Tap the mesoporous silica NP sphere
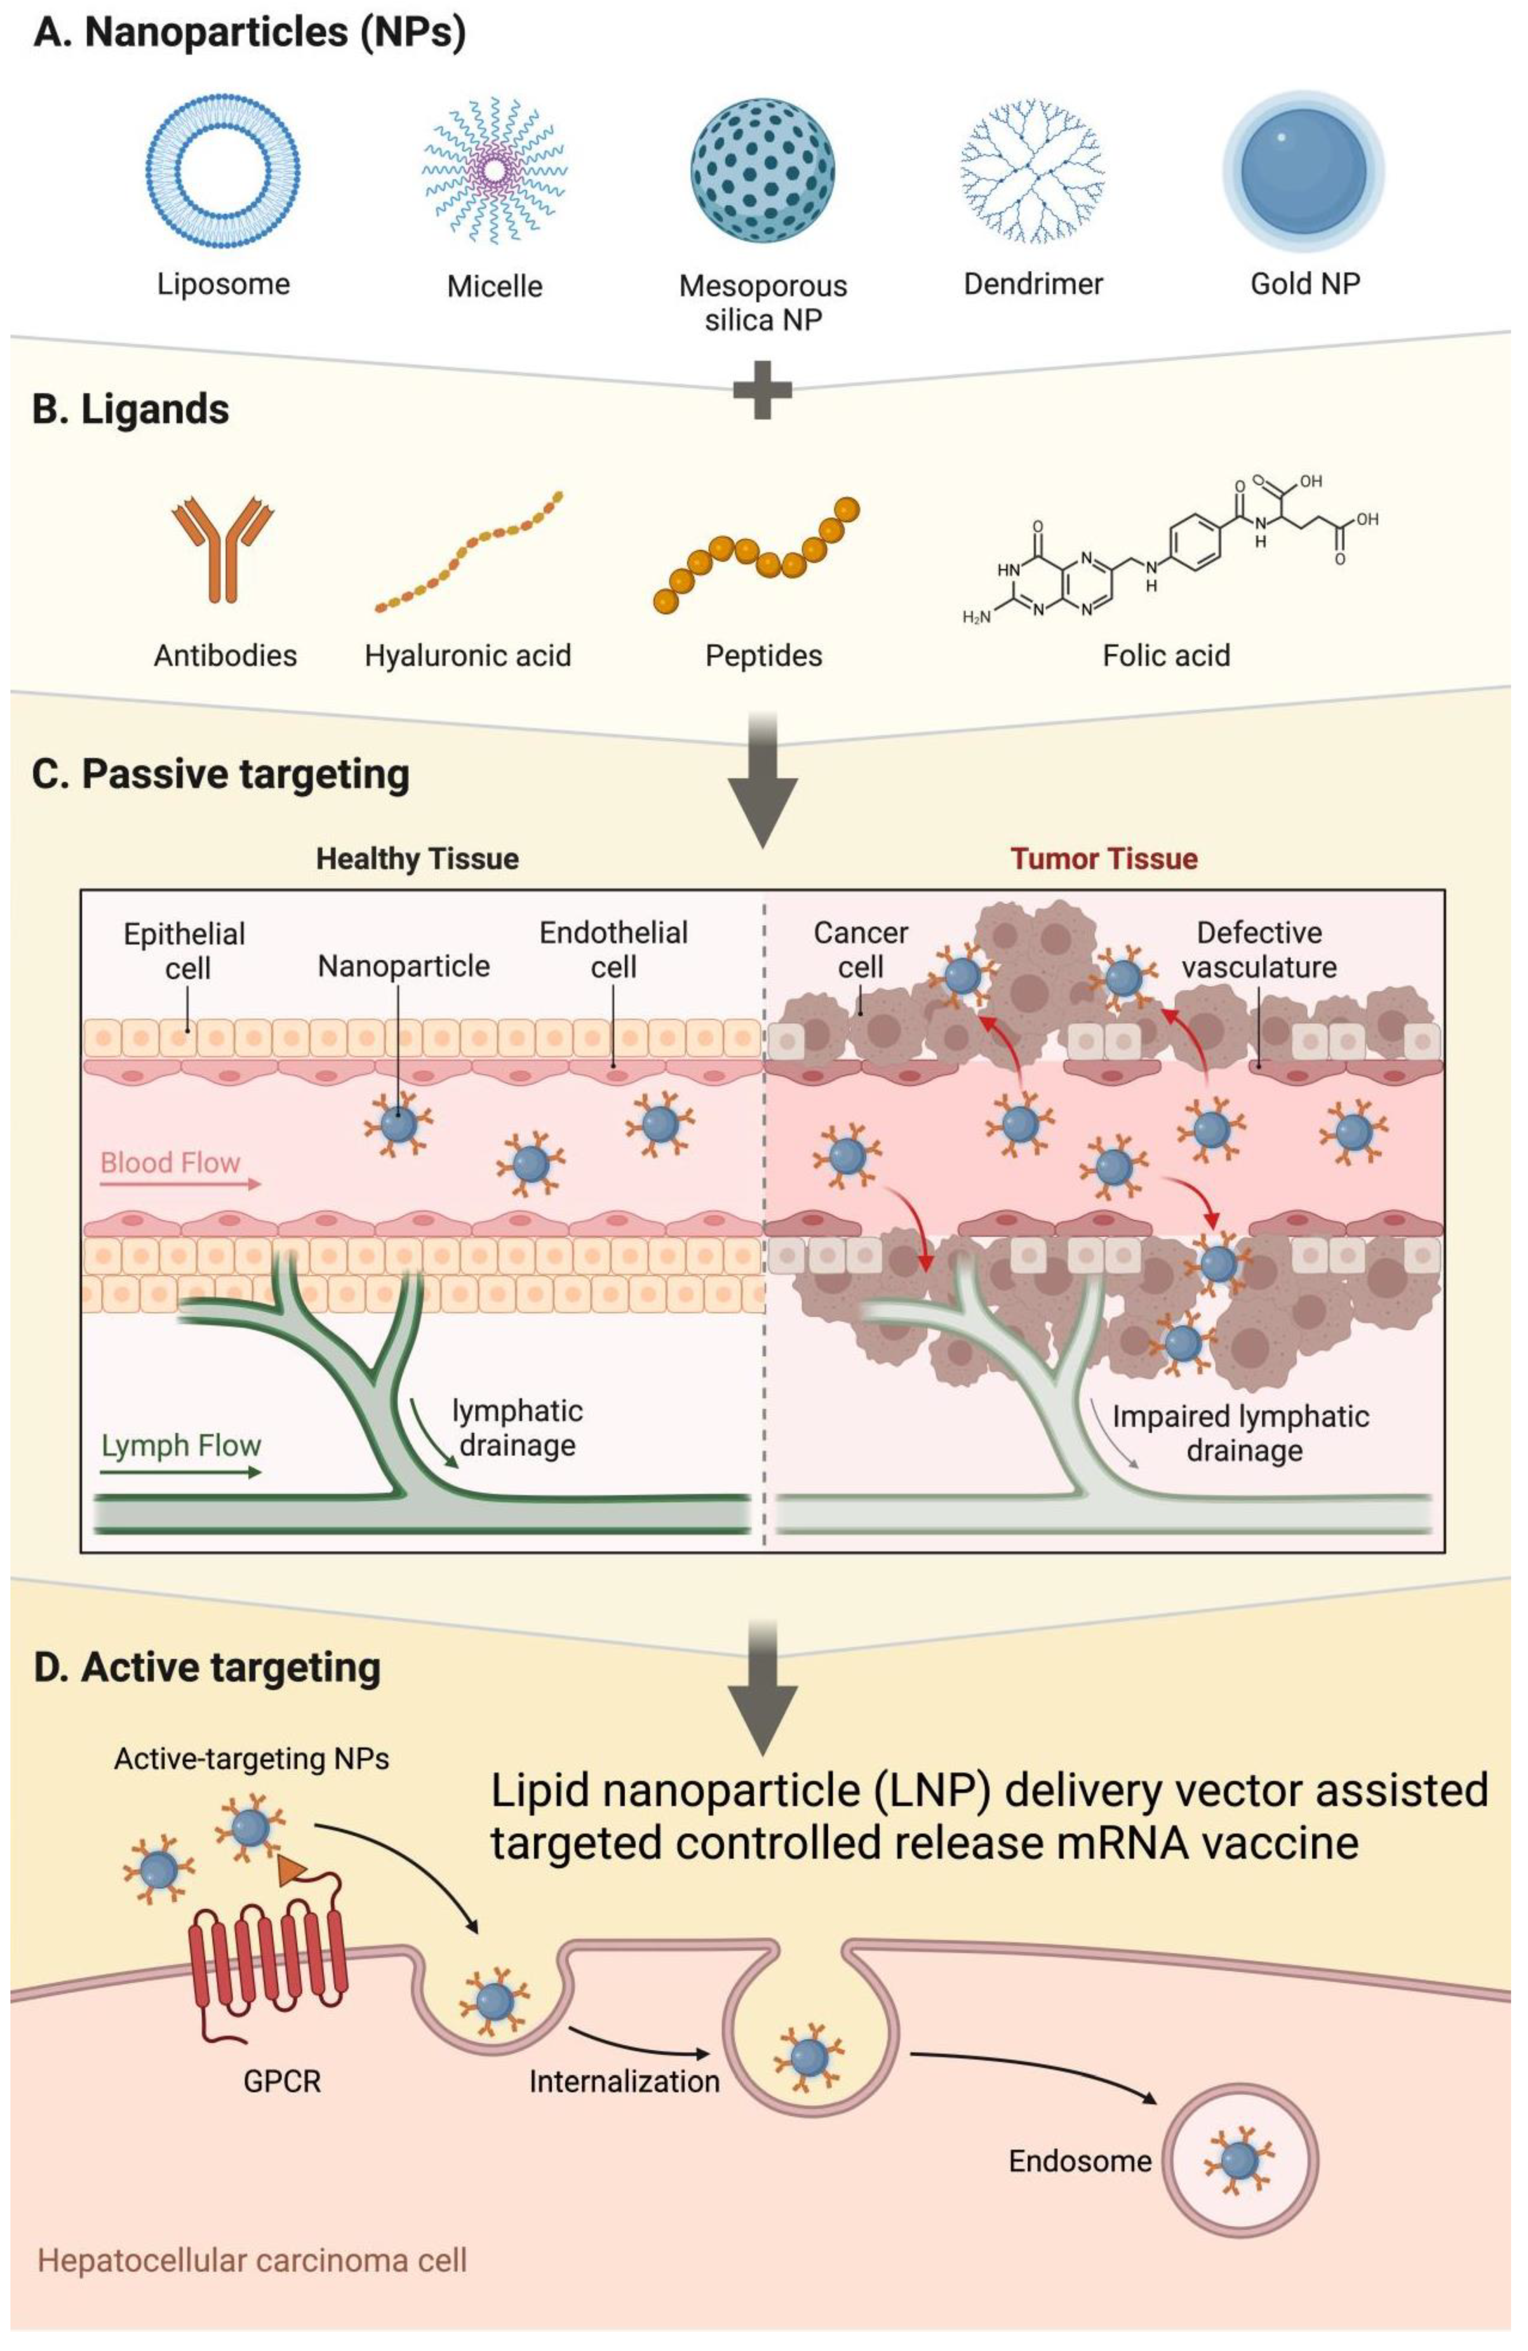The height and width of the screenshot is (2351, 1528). click(x=762, y=170)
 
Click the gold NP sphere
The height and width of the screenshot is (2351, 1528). click(x=1304, y=170)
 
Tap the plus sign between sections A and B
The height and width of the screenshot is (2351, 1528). click(x=762, y=389)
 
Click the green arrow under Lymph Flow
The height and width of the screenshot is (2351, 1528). click(x=181, y=1473)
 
